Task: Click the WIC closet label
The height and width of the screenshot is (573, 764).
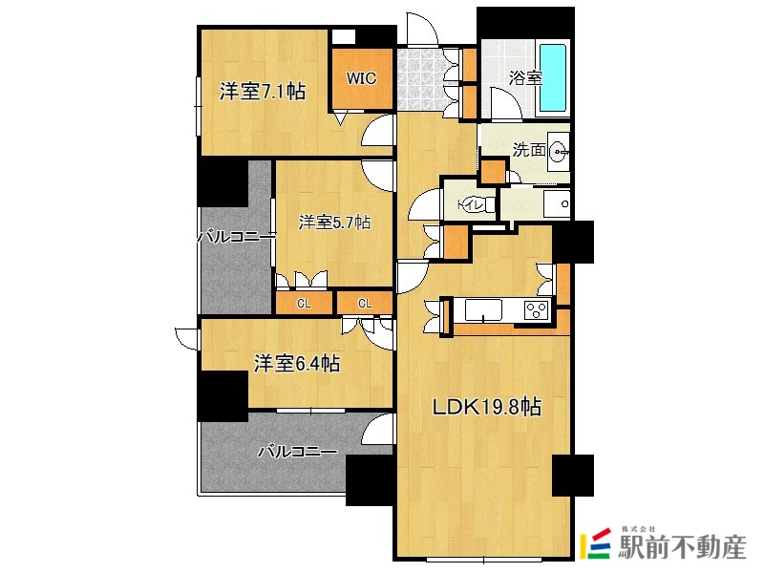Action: point(362,78)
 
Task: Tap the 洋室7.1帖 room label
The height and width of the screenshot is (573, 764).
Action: point(262,91)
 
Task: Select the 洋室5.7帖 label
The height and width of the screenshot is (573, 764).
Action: point(334,223)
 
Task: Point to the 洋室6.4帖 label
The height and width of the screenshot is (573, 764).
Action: point(297,364)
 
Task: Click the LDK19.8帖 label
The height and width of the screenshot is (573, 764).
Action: point(487,407)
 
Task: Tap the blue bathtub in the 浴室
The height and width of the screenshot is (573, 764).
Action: point(553,78)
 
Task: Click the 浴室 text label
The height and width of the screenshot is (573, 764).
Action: point(526,78)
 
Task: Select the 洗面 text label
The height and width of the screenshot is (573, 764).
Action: point(529,150)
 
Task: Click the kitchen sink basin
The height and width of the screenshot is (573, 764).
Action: point(483,310)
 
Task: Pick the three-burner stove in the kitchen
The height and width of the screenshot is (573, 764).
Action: point(537,310)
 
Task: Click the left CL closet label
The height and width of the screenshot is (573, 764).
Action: point(304,304)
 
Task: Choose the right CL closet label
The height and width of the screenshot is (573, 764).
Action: point(365,304)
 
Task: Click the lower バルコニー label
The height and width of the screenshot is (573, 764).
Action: point(297,452)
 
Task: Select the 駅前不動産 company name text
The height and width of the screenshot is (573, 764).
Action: point(682,547)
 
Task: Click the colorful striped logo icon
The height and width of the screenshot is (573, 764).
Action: point(595,543)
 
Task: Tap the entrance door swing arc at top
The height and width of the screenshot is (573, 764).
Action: point(422,29)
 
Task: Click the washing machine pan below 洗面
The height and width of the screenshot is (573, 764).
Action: point(557,204)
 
